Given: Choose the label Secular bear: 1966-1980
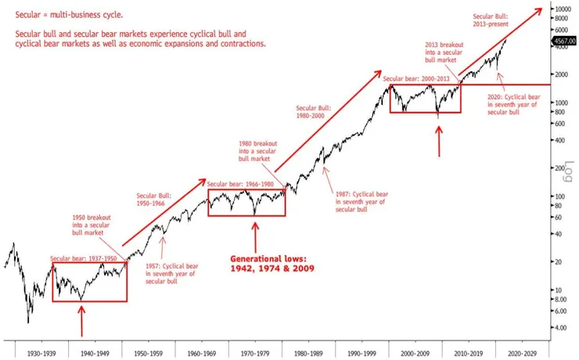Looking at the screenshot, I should [244, 184].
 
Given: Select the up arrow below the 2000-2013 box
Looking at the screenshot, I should [439, 141].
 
